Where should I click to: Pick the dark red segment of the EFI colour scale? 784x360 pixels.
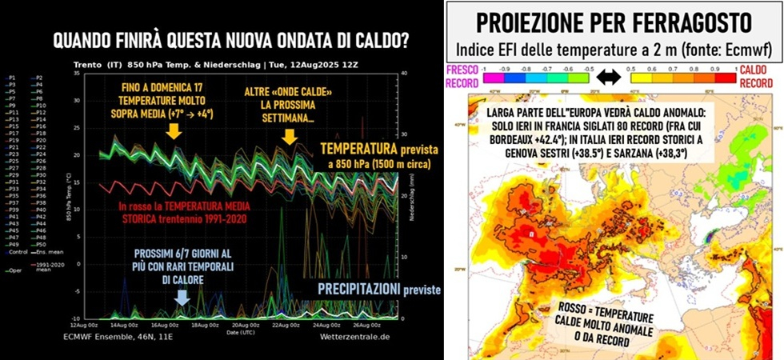(729, 78)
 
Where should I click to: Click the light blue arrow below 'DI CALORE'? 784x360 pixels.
(182, 296)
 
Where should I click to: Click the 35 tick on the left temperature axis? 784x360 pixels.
(77, 74)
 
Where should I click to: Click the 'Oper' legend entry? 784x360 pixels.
(15, 270)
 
